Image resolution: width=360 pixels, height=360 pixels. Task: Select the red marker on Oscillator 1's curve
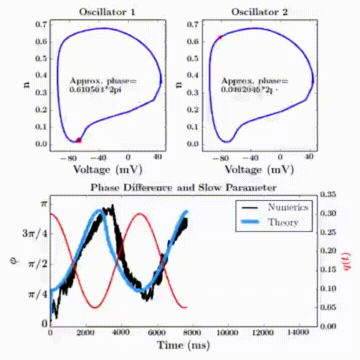(x=78, y=140)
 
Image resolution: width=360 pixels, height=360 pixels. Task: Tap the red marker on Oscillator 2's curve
(x=219, y=37)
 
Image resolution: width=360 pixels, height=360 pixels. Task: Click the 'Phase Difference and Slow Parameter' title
(x=183, y=187)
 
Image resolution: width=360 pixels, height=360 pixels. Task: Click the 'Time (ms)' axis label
(x=183, y=345)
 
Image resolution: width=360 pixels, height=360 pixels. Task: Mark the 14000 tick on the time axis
(x=298, y=332)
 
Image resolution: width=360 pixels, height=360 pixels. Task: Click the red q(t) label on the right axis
(x=349, y=261)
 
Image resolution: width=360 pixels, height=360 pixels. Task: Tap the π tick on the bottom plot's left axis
(x=42, y=203)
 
